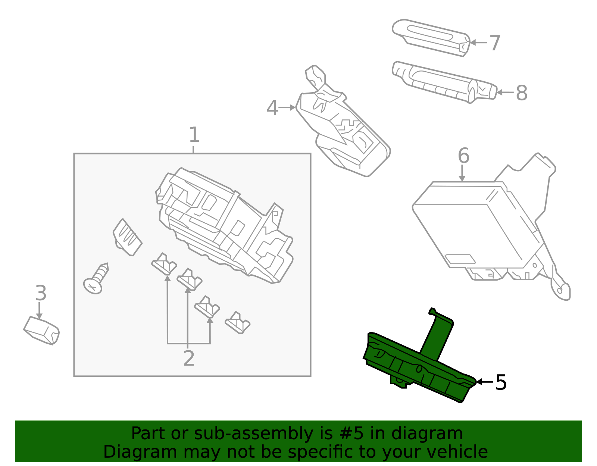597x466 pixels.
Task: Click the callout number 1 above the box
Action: pos(194,135)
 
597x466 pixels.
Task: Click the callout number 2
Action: pos(189,359)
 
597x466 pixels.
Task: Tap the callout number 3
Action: pos(41,293)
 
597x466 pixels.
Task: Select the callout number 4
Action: pos(272,108)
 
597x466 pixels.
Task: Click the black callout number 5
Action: pos(501,382)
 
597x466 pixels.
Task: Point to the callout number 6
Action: pos(463,156)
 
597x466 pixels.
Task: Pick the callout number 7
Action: pos(494,43)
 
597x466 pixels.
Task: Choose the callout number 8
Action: pos(521,93)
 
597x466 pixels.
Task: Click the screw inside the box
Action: pos(96,280)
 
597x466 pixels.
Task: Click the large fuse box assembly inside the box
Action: pos(224,224)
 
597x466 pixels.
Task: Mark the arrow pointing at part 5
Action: pos(484,382)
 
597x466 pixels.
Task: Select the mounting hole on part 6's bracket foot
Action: pos(559,290)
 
